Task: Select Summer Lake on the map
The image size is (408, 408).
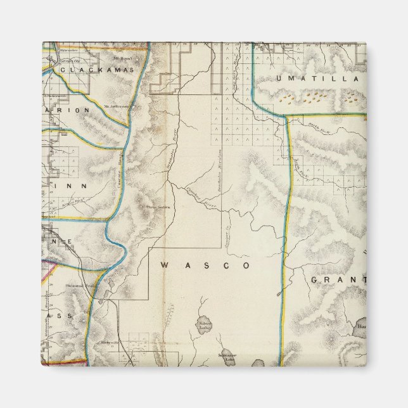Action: pos(227,357)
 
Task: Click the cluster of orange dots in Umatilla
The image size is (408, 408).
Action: pos(310,98)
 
